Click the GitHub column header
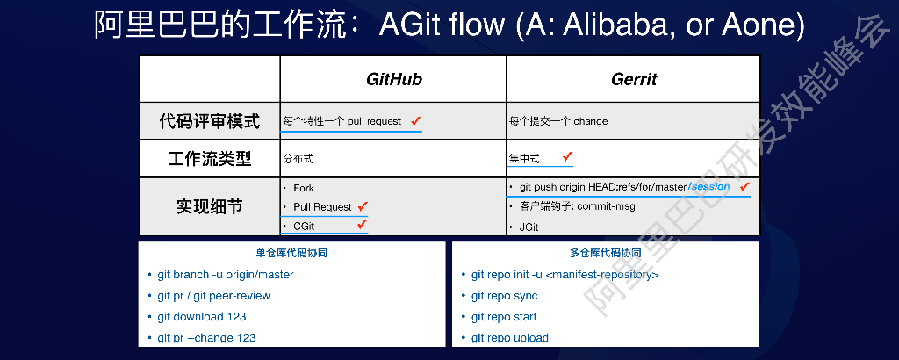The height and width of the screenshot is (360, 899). pos(393,79)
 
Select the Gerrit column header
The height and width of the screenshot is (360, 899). pos(634,79)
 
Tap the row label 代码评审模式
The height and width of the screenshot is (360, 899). pos(210,121)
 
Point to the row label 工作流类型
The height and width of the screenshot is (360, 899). pos(210,159)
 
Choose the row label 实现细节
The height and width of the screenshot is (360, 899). pos(210,207)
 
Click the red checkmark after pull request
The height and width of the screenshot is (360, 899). pos(416,120)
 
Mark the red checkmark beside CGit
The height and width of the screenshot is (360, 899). pos(360,225)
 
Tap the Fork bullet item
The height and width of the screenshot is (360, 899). pos(304,188)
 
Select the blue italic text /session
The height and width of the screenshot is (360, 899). pos(709,187)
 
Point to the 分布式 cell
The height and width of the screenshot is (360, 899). pos(298,159)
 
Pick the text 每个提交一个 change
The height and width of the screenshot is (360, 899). pos(558,121)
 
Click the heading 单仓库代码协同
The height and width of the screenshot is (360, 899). pos(291,253)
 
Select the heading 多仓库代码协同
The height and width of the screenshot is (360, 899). pos(605,253)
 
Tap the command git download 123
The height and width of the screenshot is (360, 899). pos(202,317)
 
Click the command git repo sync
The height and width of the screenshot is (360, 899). pos(504,296)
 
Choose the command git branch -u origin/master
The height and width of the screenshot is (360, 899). pos(226,275)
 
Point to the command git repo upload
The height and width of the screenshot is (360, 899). pos(509,338)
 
